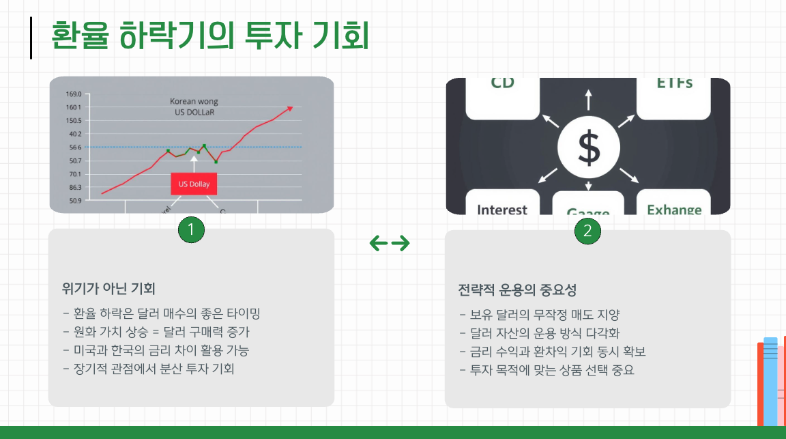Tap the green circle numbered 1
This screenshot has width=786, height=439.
coord(191,230)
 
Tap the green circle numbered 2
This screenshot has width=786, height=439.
coord(587,231)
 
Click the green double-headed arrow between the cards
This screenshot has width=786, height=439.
coord(390,243)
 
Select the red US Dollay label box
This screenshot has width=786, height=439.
coord(194,184)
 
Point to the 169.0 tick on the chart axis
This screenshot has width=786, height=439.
coord(73,94)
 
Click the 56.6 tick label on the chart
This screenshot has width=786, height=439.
coord(74,147)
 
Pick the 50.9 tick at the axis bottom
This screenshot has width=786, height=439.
coord(74,201)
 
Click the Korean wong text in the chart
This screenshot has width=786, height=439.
coord(194,102)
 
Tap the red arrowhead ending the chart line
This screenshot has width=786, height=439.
coord(290,107)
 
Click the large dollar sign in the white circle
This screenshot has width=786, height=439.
coord(588,148)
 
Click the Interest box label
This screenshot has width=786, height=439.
coord(502,210)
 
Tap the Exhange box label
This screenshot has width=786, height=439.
coord(674,210)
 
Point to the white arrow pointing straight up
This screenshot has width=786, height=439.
coord(588,99)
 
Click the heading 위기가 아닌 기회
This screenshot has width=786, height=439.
coord(108,289)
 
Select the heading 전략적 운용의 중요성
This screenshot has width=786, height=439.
coord(517,290)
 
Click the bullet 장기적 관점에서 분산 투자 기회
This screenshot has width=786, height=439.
coord(148,369)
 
